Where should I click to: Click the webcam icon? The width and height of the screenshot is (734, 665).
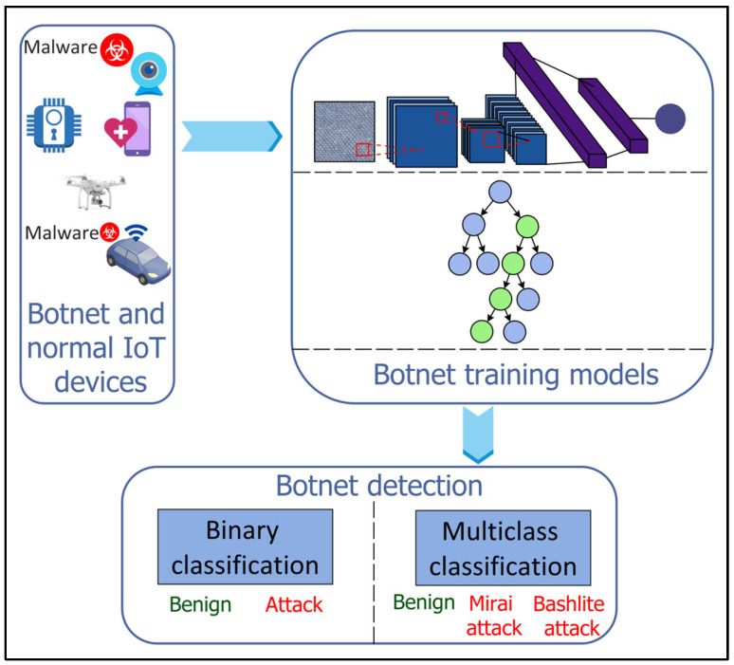point(148,74)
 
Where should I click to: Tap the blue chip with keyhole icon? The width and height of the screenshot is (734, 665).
point(54,125)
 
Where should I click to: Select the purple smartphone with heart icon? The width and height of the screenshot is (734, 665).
point(128,128)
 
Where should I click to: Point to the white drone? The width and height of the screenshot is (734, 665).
point(95,190)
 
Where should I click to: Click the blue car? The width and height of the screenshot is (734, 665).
point(138,260)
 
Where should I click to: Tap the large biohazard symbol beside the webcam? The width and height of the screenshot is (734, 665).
point(116,49)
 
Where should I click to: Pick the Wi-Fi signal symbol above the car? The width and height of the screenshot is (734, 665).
point(136,232)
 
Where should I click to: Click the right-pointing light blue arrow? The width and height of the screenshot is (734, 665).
point(231,137)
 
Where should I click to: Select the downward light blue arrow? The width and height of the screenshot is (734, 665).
point(478,434)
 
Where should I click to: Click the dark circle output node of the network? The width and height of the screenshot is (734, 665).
point(670,119)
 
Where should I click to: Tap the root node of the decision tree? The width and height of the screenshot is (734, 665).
point(500,192)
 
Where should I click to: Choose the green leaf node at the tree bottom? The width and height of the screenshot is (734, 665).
point(481,332)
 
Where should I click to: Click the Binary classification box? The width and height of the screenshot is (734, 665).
point(245,546)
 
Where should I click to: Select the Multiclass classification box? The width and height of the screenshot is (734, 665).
point(504,547)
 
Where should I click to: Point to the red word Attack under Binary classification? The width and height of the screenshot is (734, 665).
point(294,604)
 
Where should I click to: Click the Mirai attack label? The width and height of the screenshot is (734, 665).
point(493,616)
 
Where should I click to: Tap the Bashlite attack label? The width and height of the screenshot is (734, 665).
point(569,616)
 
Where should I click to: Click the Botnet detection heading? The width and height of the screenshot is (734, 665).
point(379,486)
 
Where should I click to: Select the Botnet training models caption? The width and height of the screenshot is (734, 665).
point(516,375)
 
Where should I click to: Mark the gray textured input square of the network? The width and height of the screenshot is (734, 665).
point(344,132)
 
